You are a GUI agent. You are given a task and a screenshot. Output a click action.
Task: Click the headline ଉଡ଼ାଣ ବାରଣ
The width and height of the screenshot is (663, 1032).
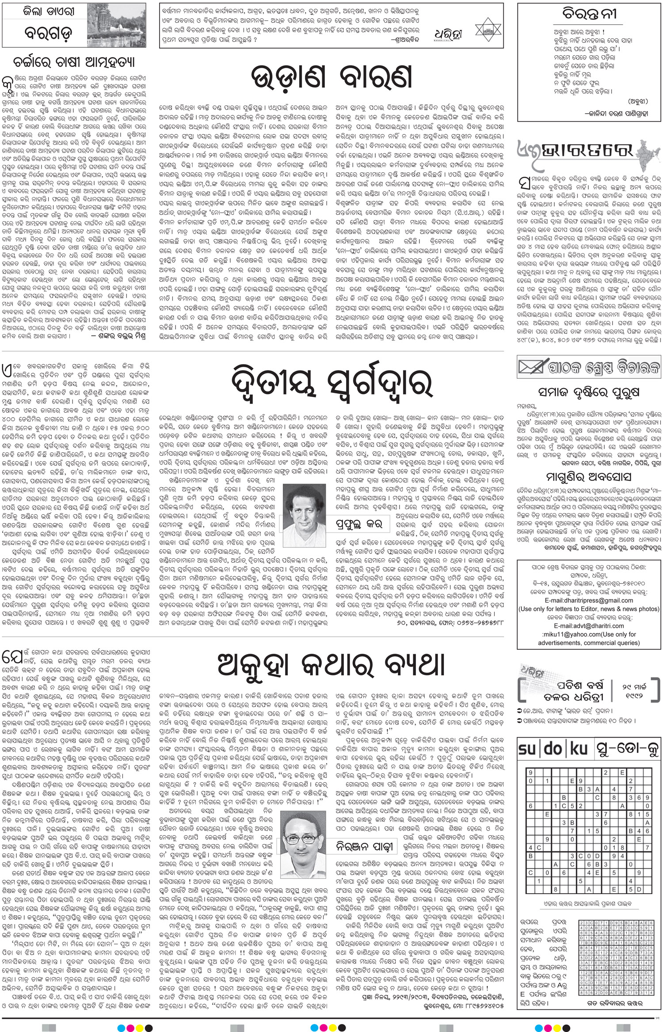(331, 77)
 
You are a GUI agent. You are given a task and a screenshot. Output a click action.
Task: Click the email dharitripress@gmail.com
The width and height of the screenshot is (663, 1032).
(589, 600)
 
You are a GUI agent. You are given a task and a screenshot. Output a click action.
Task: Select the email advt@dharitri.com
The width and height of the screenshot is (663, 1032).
(589, 625)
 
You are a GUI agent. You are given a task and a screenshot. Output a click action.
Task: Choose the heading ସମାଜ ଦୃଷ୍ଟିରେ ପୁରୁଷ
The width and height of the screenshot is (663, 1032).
(589, 392)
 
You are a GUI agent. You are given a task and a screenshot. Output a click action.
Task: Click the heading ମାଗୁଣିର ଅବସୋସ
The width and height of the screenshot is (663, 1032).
(589, 476)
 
